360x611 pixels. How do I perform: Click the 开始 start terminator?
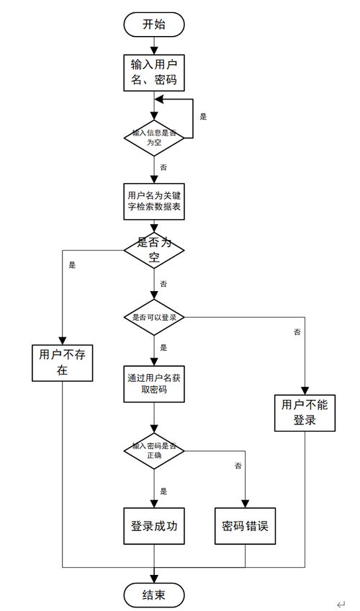[154, 24]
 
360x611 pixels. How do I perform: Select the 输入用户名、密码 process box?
[154, 72]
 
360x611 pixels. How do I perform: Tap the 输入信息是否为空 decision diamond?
[154, 137]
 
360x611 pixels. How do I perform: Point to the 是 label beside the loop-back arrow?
[203, 116]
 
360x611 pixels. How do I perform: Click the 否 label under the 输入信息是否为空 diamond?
[163, 167]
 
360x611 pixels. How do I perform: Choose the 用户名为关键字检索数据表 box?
[154, 201]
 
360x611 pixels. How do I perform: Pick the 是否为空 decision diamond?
[154, 250]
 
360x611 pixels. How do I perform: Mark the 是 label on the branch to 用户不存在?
[72, 264]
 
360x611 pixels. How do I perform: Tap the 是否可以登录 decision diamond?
[154, 317]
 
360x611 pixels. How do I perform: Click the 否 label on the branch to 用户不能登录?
[297, 332]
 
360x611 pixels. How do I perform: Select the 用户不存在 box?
[63, 362]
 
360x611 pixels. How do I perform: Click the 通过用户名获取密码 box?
[154, 384]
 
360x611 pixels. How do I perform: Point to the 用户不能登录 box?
[305, 412]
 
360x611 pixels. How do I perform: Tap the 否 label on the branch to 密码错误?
[238, 466]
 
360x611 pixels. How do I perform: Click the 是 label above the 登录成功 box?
[163, 491]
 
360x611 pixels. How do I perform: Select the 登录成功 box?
[154, 527]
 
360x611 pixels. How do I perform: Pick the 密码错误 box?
[245, 527]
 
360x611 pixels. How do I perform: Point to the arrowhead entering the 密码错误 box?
[245, 505]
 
